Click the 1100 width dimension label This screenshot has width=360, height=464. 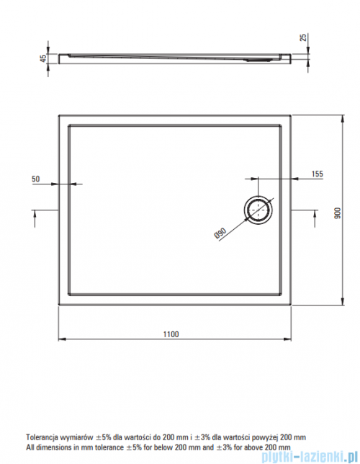click(171, 334)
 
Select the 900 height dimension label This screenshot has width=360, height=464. click(337, 213)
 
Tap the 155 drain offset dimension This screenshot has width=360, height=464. click(317, 174)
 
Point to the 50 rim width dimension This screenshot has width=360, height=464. click(35, 179)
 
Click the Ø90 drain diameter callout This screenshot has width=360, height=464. click(220, 233)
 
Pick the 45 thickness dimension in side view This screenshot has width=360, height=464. click(43, 58)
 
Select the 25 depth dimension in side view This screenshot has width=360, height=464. click(303, 37)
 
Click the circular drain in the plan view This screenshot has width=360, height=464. click(258, 209)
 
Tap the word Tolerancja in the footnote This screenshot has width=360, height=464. click(43, 437)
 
